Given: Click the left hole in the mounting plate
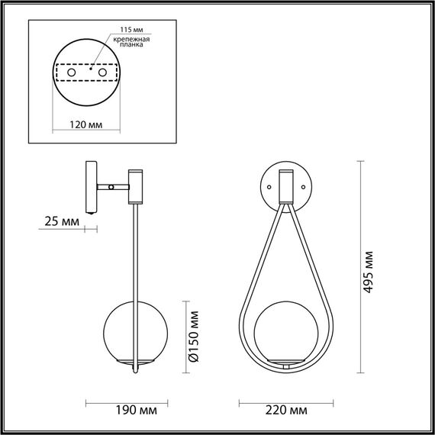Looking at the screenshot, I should coord(72,72).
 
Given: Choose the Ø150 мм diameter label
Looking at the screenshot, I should coord(194,335).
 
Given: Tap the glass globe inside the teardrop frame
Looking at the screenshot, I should coord(285,334).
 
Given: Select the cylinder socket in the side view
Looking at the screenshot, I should coord(135,186).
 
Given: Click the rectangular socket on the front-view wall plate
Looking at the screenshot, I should coord(285,185).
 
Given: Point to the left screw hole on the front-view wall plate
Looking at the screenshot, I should coord(268,186).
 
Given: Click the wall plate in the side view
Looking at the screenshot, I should coord(90,186).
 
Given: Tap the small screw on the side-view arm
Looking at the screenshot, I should coord(112,186).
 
